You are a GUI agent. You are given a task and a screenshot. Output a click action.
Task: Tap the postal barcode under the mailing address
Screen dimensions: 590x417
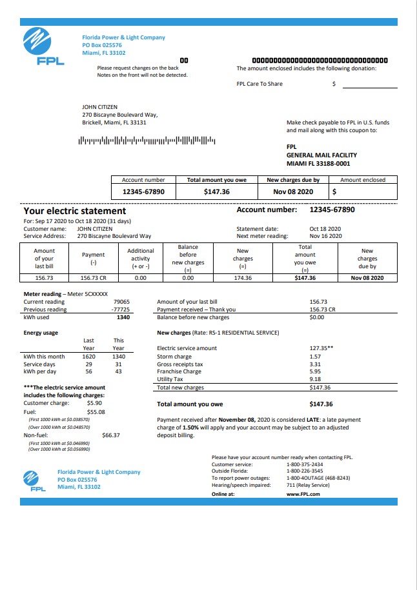(147, 140)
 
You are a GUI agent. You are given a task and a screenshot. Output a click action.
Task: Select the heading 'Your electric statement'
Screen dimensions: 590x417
(75, 211)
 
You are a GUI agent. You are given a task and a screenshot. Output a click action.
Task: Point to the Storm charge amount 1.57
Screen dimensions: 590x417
(315, 357)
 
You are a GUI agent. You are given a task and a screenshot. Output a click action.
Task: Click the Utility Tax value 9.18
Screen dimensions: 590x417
(315, 380)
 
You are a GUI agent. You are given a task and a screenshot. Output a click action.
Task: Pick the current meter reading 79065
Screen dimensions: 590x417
(121, 302)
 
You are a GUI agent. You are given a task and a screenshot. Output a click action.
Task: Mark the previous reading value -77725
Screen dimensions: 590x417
(121, 310)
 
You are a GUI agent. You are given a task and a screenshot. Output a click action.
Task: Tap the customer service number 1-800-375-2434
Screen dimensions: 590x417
(305, 464)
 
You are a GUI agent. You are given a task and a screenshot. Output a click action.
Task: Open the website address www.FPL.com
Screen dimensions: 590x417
(303, 494)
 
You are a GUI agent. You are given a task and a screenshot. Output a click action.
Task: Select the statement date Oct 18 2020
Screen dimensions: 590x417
(325, 229)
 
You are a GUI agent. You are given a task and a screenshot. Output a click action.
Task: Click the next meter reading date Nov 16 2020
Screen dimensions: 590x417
(325, 237)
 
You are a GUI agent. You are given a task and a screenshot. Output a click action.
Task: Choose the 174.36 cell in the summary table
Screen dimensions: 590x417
(243, 278)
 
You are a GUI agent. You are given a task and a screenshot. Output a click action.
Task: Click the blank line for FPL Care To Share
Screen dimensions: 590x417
(369, 84)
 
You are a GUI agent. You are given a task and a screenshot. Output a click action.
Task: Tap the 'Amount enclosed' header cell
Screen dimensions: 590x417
(363, 180)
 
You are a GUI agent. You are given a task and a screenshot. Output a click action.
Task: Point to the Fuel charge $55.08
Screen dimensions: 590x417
(96, 411)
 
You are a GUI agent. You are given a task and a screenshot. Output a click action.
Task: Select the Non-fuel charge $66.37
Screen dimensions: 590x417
(111, 435)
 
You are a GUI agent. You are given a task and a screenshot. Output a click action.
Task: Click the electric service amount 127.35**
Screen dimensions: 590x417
(321, 348)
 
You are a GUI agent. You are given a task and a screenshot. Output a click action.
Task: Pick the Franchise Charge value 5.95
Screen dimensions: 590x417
(315, 372)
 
